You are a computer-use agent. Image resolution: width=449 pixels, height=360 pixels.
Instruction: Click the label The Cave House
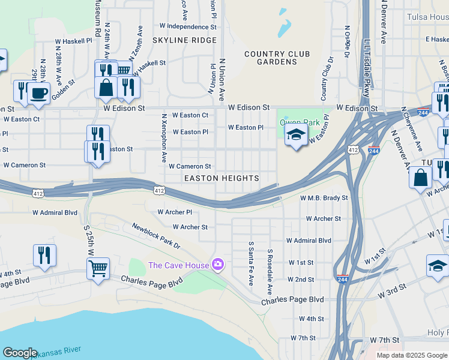pos(178,265)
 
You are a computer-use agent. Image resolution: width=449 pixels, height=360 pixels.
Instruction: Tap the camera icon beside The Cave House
pos(218,265)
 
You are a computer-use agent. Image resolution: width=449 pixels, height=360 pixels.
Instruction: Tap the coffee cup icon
pos(40,94)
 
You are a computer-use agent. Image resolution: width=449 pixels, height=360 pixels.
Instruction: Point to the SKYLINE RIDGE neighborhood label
pos(184,40)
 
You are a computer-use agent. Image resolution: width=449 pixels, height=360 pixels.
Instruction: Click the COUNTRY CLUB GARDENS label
pos(277,58)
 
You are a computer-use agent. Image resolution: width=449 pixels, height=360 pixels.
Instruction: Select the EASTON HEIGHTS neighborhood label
pos(221,178)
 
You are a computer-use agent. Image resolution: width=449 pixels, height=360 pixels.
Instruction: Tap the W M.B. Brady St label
pos(324,197)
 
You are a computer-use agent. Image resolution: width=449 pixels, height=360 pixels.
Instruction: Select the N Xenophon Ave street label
pos(164,137)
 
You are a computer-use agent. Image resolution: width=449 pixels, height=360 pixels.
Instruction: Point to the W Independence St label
pos(187,26)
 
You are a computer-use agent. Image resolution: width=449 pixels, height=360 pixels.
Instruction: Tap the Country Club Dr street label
pos(327,79)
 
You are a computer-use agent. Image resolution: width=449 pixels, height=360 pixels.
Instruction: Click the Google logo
pos(20,353)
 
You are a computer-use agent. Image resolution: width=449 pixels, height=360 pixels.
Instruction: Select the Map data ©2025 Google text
pos(411,355)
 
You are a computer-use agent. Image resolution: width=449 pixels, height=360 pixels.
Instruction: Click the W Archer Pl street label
pos(174,212)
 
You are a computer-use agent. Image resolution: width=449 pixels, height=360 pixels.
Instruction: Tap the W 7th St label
pos(303,338)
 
